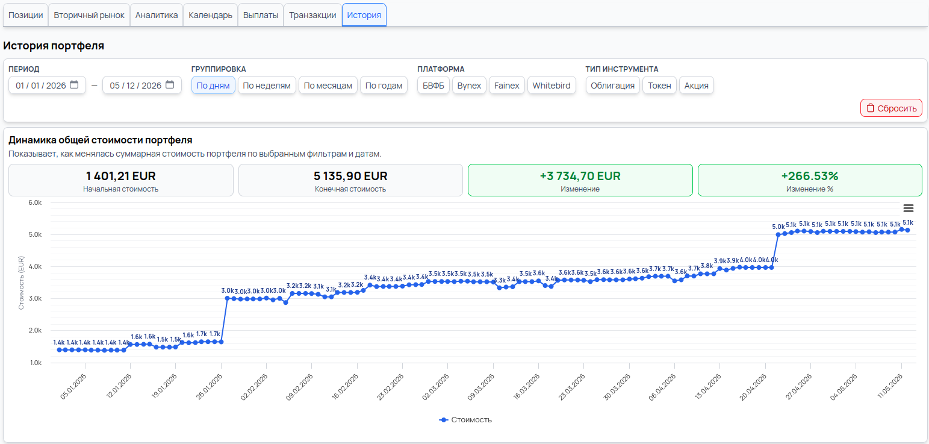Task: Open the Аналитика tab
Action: coord(157,15)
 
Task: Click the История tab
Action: coord(364,15)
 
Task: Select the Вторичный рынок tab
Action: coord(89,15)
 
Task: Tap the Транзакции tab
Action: coord(312,15)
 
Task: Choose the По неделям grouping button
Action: coord(267,86)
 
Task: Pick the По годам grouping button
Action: coord(384,86)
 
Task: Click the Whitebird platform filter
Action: coord(551,86)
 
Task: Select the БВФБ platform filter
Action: coord(433,86)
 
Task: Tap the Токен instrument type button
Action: coord(659,86)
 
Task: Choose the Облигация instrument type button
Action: coord(612,86)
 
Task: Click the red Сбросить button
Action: coord(891,108)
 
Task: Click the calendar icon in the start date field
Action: coord(74,85)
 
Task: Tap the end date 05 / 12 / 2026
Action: coord(135,86)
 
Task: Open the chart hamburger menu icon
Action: coord(909,208)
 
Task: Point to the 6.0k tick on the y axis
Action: coord(35,202)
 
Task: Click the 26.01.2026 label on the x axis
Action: coord(210,386)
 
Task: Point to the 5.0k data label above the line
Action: coord(778,227)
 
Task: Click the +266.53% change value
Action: coord(810,176)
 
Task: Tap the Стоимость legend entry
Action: coord(465,419)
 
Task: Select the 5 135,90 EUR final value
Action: coord(350,176)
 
